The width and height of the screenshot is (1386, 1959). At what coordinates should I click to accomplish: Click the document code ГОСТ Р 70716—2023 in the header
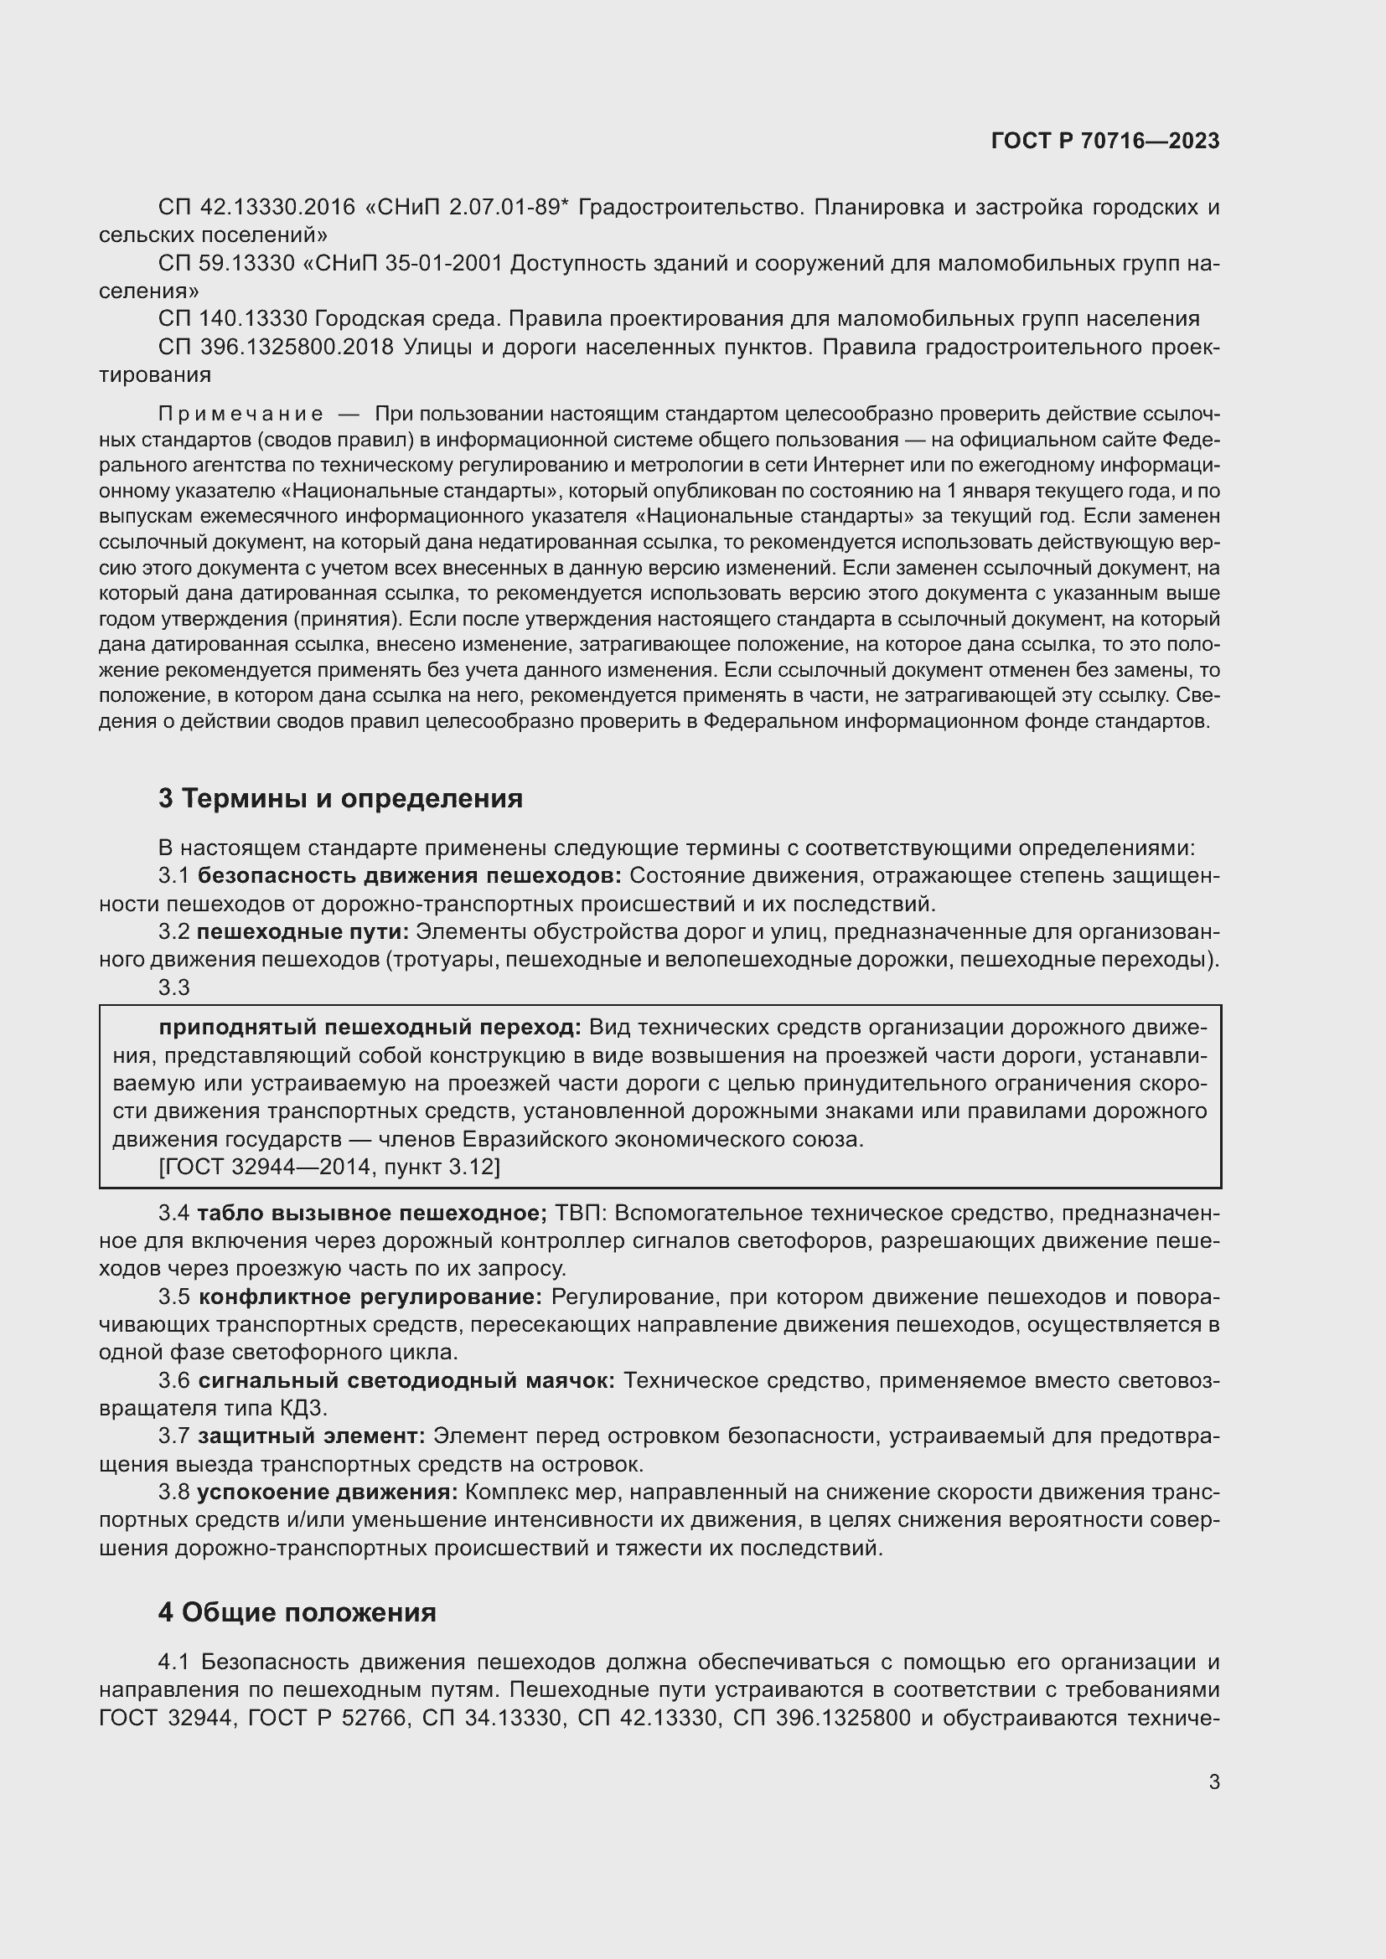click(x=1105, y=142)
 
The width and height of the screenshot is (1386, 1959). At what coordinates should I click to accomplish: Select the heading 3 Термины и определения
click(x=340, y=799)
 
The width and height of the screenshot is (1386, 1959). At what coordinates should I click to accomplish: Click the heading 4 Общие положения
click(x=297, y=1612)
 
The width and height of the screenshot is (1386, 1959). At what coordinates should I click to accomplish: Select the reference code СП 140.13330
click(x=232, y=319)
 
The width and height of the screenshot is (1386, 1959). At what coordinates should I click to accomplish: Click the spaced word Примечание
click(x=241, y=415)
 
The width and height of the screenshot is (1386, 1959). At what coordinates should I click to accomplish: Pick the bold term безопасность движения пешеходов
click(x=410, y=876)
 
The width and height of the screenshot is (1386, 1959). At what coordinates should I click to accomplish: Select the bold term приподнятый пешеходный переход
click(x=370, y=1028)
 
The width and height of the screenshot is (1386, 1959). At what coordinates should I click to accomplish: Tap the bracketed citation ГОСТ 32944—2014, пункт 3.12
click(x=329, y=1167)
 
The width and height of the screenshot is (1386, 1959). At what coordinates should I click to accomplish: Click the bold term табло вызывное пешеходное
click(x=372, y=1214)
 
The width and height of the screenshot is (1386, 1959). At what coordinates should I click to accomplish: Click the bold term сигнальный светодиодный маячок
click(x=406, y=1380)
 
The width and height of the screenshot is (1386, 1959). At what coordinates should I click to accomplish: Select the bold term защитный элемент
click(x=312, y=1437)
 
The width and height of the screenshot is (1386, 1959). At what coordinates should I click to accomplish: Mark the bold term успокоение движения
click(x=328, y=1492)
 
